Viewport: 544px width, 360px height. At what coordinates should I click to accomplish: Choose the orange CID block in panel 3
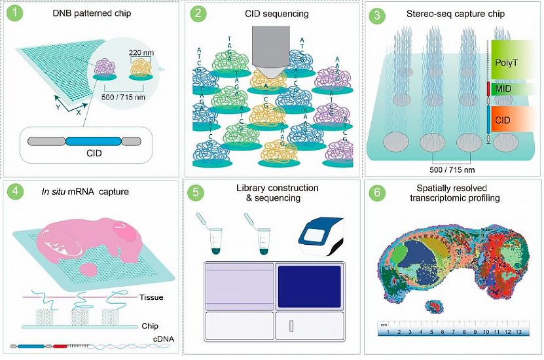(513, 121)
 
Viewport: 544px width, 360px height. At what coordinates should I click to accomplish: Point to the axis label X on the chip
(79, 111)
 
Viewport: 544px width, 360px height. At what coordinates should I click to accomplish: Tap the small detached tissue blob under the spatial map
(433, 306)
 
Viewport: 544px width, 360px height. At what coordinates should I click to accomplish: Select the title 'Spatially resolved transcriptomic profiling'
(454, 193)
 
